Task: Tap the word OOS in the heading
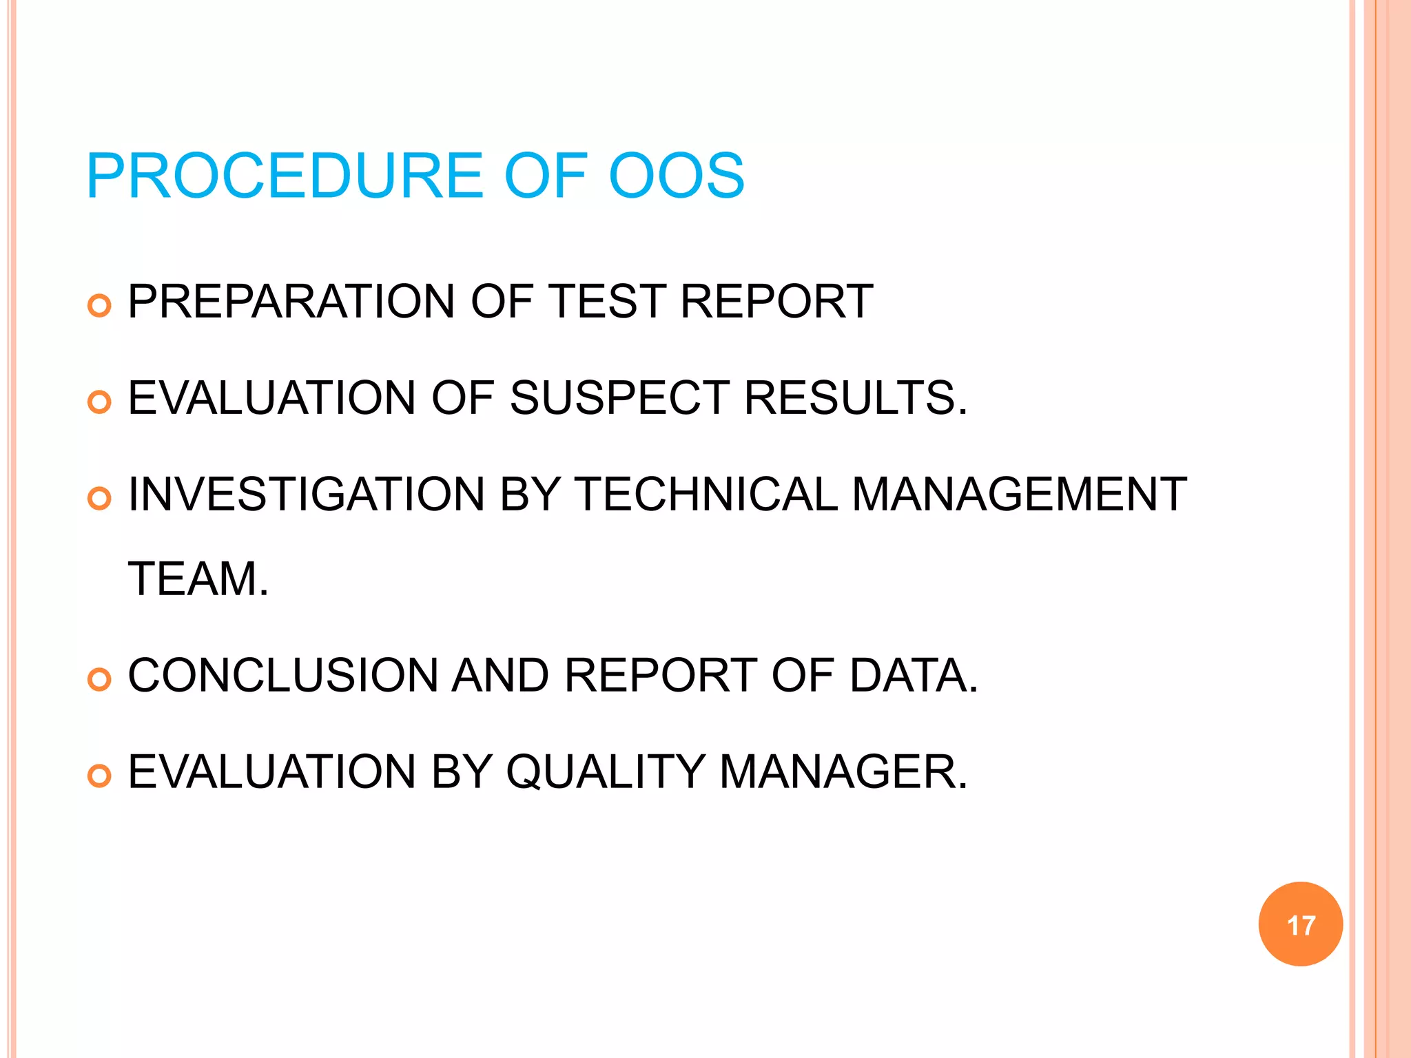[x=676, y=176]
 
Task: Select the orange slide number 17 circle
[x=1300, y=924]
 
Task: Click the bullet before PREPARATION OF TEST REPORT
[x=100, y=305]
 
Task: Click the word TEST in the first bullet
[x=607, y=302]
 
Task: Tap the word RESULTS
[x=855, y=398]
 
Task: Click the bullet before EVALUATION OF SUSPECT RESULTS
[x=100, y=402]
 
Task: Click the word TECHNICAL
[x=705, y=495]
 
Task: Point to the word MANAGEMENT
[x=1019, y=495]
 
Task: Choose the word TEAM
[x=198, y=579]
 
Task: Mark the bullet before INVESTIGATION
[x=100, y=499]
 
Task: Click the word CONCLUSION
[x=282, y=675]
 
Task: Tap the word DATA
[x=913, y=675]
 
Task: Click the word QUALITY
[x=606, y=771]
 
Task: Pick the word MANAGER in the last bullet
[x=843, y=771]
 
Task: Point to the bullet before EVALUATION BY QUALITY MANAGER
[x=100, y=776]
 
